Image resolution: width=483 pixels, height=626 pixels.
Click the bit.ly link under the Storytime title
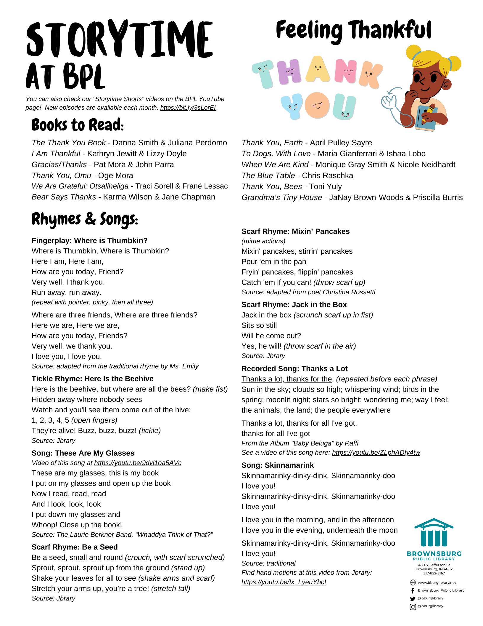(x=188, y=108)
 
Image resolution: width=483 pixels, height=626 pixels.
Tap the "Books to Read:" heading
(x=78, y=125)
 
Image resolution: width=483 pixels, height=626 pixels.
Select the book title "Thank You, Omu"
(x=61, y=176)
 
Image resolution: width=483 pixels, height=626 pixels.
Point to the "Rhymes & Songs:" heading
(x=85, y=219)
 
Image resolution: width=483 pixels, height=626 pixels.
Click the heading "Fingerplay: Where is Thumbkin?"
(x=89, y=241)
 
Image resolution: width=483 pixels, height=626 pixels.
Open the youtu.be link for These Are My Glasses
(x=138, y=463)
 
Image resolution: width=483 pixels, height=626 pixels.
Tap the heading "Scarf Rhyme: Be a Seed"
(x=75, y=547)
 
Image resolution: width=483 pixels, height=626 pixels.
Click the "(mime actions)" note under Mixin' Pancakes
(x=263, y=241)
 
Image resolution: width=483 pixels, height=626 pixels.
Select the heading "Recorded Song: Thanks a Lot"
(x=294, y=369)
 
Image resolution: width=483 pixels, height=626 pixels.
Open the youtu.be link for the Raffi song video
(x=376, y=453)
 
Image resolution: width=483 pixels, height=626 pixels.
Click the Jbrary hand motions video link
(x=284, y=582)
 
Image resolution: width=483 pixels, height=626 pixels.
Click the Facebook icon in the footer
(x=413, y=591)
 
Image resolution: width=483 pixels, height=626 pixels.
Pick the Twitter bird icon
(x=413, y=598)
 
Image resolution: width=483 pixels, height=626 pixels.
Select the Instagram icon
(x=413, y=607)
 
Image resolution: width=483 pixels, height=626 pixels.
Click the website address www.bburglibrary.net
(x=437, y=583)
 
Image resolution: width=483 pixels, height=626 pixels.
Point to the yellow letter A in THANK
(x=318, y=70)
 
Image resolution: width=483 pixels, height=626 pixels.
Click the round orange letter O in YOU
(x=317, y=105)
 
